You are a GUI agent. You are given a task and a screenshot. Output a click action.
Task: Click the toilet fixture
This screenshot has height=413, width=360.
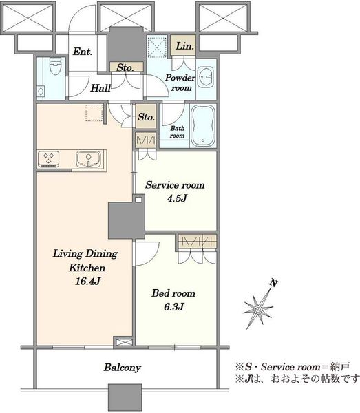pos(55,66)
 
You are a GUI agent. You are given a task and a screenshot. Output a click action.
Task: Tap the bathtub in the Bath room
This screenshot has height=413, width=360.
pos(203,126)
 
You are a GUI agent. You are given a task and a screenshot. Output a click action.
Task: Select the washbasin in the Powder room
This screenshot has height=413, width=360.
pos(206,77)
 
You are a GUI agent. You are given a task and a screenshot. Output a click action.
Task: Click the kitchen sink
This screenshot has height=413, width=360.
pos(89,159)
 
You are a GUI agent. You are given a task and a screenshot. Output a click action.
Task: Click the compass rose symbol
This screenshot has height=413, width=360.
pos(258,308)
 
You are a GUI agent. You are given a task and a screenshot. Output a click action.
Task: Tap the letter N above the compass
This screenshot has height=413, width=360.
pos(274,283)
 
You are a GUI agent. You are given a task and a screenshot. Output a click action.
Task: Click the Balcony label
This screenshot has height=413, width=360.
pos(123,368)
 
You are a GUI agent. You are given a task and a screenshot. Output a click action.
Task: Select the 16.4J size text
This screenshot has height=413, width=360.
pos(87,282)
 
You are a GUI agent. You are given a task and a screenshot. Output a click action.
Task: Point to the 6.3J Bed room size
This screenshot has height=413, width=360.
pos(174,307)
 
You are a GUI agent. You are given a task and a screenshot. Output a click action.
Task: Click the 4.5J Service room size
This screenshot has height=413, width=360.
pos(177,198)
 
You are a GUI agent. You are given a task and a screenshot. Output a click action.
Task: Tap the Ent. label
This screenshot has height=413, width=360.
pos(83,52)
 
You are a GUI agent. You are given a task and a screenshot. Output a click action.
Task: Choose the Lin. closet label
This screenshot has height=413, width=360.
pos(185,46)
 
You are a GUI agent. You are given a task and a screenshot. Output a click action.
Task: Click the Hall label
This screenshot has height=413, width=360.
pos(101,88)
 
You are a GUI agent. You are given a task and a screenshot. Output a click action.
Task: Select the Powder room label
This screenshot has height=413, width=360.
pos(180,83)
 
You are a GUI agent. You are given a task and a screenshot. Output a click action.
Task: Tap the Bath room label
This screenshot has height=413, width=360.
pos(177,132)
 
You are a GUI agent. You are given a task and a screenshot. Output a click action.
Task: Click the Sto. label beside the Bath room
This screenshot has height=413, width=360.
pos(146,117)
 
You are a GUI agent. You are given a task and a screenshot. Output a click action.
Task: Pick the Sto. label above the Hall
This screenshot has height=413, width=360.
pos(125,67)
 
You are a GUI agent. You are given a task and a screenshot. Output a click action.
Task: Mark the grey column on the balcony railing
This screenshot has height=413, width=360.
pos(125,397)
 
